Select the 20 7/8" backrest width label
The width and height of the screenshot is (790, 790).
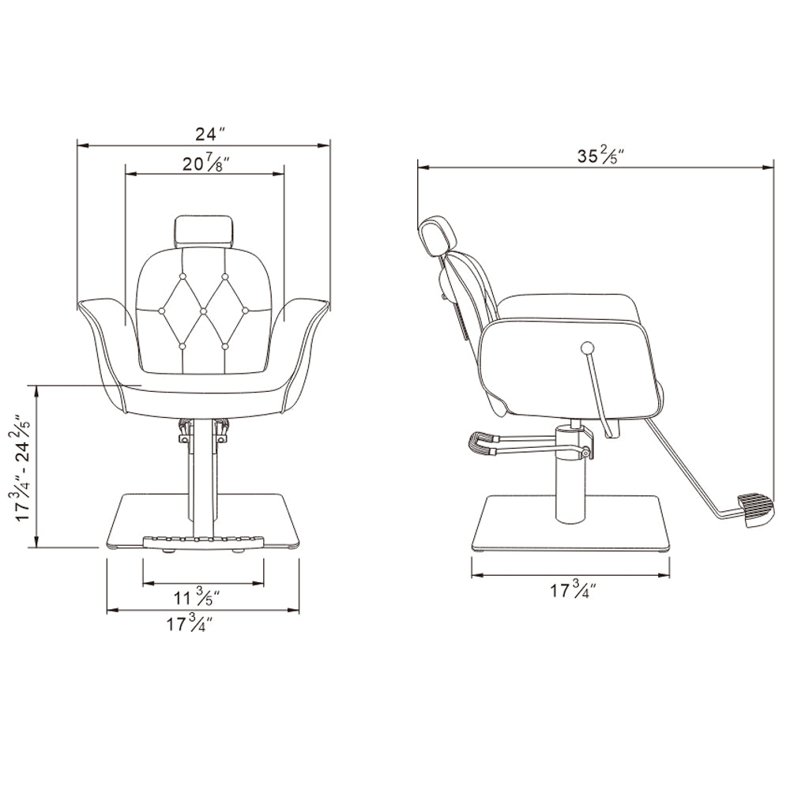(x=205, y=164)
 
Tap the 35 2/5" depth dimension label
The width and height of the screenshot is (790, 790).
(x=600, y=156)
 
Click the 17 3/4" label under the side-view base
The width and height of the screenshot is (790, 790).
(x=573, y=589)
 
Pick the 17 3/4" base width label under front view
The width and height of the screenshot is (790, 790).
(x=190, y=624)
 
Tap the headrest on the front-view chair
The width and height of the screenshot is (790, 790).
(x=204, y=231)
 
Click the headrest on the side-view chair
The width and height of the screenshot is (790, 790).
(x=436, y=238)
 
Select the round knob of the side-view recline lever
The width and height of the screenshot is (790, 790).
(x=587, y=348)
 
